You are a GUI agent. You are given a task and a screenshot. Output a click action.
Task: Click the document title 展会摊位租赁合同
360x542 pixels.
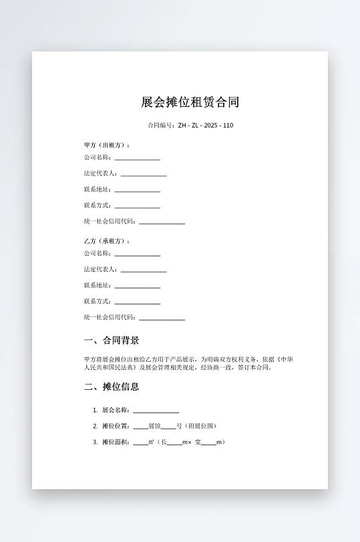coord(190,102)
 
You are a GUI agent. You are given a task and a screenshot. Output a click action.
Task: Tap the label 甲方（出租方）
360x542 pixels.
coord(107,145)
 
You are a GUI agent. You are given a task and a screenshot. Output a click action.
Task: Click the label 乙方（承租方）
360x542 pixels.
coord(107,241)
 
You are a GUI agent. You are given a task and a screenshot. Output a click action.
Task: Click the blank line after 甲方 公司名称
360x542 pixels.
coord(137,159)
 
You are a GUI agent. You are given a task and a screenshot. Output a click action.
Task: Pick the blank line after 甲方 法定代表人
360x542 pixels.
coord(143,175)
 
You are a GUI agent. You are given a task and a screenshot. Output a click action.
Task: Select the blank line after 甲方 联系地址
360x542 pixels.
coord(137,191)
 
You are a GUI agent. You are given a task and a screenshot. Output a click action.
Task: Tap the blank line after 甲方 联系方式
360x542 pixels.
coord(137,207)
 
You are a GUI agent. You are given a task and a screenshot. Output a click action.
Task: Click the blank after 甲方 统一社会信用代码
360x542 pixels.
coord(162,223)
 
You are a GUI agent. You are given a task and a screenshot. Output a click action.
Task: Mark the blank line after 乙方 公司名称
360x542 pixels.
coord(137,255)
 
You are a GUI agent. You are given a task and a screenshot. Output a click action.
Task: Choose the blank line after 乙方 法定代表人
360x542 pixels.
coord(143,271)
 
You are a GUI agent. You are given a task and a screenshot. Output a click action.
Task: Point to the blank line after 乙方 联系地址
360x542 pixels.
coord(137,287)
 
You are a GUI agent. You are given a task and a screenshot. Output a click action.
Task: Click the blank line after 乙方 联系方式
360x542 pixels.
coord(137,303)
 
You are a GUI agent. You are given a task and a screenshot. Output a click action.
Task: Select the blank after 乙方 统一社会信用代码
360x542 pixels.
coord(162,319)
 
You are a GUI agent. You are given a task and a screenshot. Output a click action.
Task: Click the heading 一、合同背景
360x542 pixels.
coord(112,340)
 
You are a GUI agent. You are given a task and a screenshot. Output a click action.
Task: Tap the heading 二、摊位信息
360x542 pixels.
coord(112,386)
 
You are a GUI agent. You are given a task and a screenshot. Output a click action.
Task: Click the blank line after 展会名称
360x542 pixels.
coord(156,411)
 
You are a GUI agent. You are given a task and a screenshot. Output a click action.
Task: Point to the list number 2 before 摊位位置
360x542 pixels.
coord(95,426)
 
